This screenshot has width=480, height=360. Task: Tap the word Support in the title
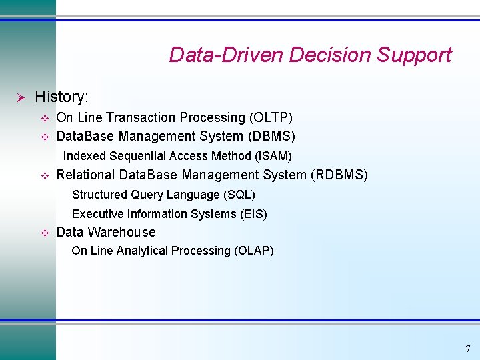tap(414, 55)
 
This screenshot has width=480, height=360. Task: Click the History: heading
tap(61, 97)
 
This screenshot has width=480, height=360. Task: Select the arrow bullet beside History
tap(20, 98)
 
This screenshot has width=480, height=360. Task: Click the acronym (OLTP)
tap(271, 118)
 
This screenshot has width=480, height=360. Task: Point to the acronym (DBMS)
tap(271, 137)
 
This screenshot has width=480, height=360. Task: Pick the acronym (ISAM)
tap(272, 156)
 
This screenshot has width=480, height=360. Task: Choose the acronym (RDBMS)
tap(339, 175)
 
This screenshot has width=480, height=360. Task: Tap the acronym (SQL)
tap(239, 195)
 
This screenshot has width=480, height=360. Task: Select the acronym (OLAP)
tap(253, 251)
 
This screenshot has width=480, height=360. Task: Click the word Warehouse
tap(121, 233)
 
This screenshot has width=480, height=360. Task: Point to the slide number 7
tap(467, 349)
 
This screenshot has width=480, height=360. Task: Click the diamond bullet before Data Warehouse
tap(45, 233)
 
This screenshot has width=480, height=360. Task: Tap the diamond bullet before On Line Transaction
tap(45, 119)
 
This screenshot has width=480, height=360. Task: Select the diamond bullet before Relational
tap(45, 176)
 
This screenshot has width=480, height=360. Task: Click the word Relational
tap(85, 175)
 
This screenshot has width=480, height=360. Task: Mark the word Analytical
tap(142, 251)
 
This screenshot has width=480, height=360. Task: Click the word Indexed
tap(83, 156)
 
